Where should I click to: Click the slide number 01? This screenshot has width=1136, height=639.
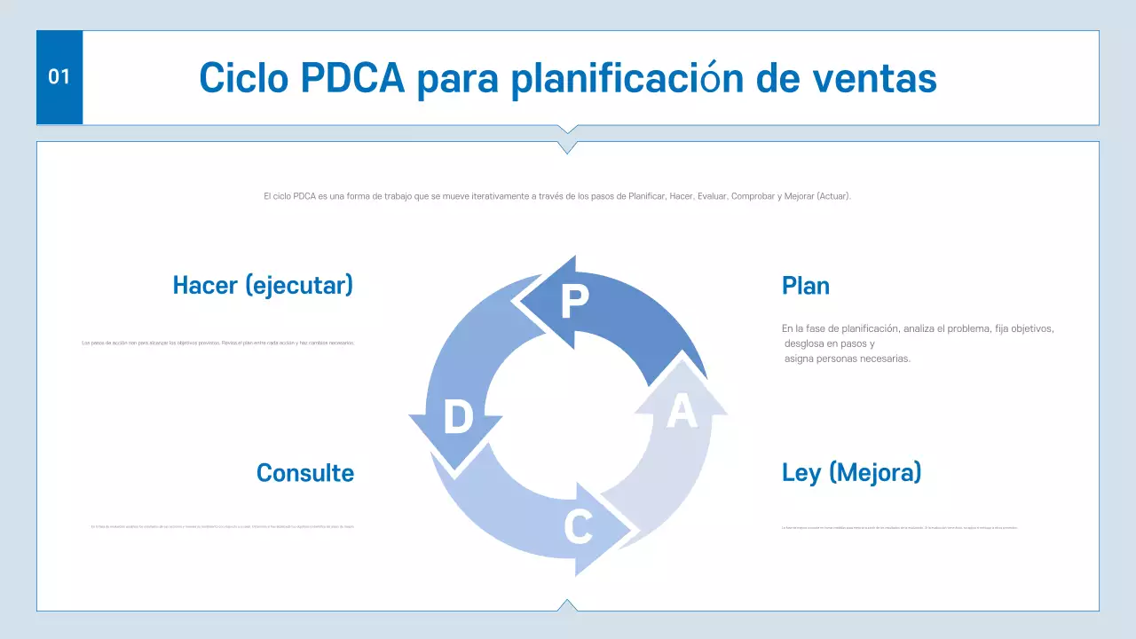[59, 77]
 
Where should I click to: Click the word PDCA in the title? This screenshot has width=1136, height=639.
[352, 78]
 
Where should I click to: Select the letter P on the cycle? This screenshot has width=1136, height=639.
[574, 303]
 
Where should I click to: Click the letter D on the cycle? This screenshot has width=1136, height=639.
[458, 417]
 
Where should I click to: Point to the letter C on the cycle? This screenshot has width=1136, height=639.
[578, 528]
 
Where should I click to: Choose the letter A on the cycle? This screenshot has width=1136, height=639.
[681, 412]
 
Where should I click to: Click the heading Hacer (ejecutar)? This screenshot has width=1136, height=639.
[263, 285]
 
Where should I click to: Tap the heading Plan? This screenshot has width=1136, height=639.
[806, 286]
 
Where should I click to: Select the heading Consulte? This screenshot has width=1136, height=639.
[304, 473]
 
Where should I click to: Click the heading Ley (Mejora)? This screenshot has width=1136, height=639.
[851, 472]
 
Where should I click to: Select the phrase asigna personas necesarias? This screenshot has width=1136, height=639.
[848, 359]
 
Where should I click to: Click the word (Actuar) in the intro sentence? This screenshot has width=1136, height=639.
[834, 196]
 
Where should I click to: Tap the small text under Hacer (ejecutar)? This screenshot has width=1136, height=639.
[217, 343]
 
